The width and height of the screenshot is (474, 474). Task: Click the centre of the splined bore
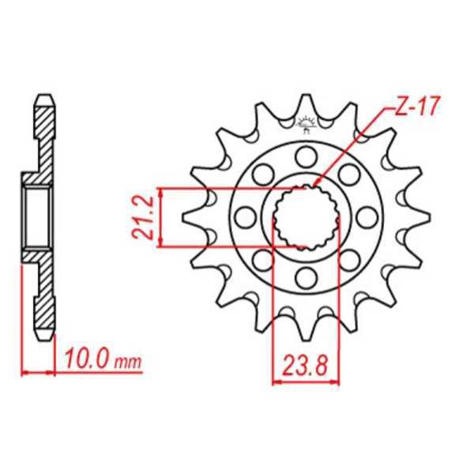[306, 216]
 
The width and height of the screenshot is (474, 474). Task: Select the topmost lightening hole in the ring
[306, 156]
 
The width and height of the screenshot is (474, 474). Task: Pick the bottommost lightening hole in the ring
[306, 276]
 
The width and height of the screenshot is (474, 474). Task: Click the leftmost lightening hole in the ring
[246, 216]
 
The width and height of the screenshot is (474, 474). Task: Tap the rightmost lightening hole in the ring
[366, 216]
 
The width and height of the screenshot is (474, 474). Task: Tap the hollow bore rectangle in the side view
[36, 216]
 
